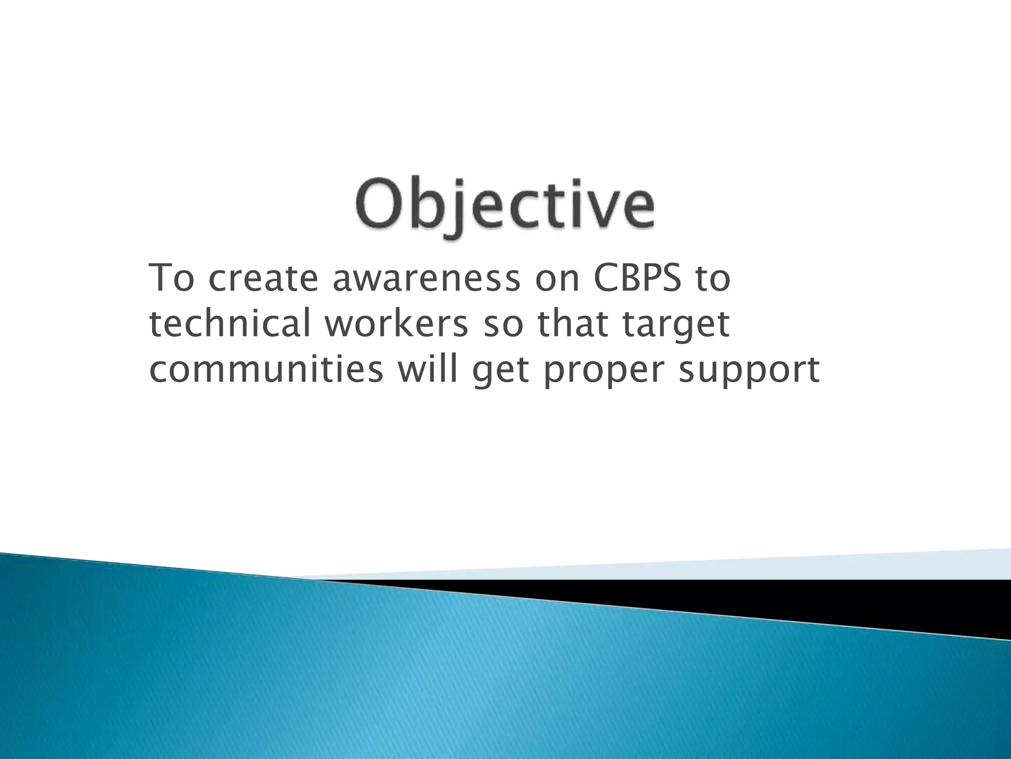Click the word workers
pos(396,325)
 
